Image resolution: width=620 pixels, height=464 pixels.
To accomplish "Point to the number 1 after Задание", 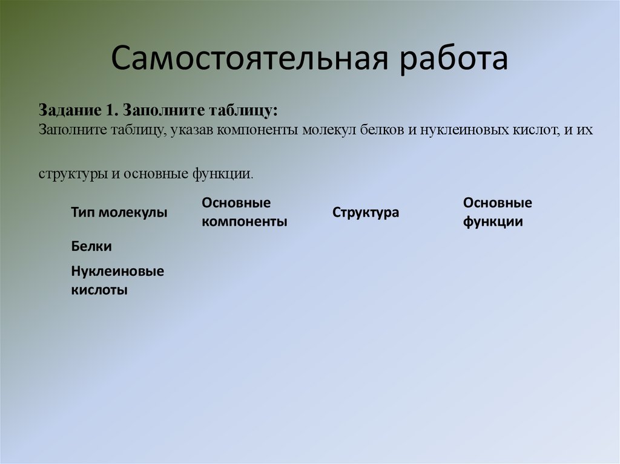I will (x=110, y=111).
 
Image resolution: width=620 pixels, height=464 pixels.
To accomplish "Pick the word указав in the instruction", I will (x=191, y=129).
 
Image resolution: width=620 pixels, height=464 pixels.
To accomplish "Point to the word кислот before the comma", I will (x=535, y=129).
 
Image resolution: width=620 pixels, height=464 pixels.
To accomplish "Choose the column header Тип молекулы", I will (x=119, y=212).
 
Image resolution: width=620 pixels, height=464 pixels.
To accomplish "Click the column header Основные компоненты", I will (x=245, y=212).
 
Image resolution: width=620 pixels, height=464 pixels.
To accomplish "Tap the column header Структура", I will (x=366, y=213).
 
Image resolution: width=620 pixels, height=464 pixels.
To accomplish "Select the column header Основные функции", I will (x=498, y=212).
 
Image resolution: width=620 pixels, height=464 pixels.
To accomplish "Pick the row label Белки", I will (x=91, y=246).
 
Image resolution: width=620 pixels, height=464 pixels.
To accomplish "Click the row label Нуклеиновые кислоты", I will (x=117, y=280).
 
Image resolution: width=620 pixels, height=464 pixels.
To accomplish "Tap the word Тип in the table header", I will (x=83, y=212).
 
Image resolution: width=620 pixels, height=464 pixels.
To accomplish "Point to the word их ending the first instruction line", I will (x=584, y=129).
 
